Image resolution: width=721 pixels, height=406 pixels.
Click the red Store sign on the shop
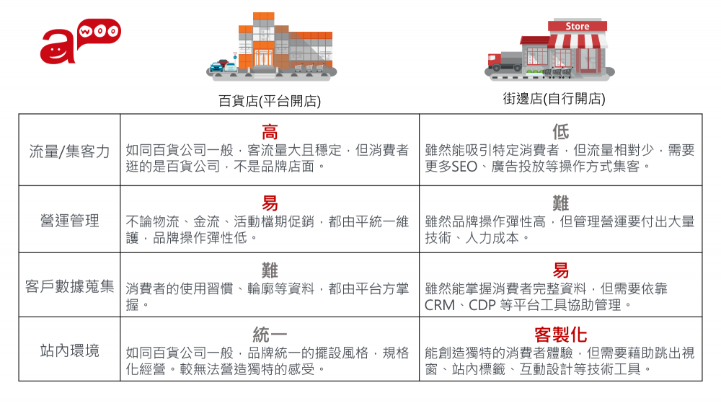(x=577, y=26)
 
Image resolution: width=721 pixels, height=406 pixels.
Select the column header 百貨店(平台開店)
(x=269, y=100)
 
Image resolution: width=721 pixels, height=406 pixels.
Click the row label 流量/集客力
(x=69, y=151)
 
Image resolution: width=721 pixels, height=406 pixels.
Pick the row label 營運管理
(x=69, y=220)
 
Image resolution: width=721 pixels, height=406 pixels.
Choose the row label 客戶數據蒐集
(x=69, y=286)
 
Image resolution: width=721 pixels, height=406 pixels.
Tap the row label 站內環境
(x=69, y=351)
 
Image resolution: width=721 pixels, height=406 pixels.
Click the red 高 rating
(x=270, y=132)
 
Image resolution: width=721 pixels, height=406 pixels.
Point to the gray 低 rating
(x=560, y=132)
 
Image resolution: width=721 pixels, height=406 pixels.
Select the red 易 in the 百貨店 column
(x=270, y=203)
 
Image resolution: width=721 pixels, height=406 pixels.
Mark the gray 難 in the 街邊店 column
(x=560, y=203)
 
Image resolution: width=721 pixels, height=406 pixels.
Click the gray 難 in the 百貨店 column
(x=270, y=270)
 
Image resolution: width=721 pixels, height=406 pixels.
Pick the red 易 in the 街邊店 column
(x=560, y=270)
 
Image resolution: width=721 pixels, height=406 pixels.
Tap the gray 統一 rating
(x=270, y=335)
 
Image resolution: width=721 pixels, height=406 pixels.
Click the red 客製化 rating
(x=560, y=335)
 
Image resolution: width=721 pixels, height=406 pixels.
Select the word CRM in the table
(x=440, y=305)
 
